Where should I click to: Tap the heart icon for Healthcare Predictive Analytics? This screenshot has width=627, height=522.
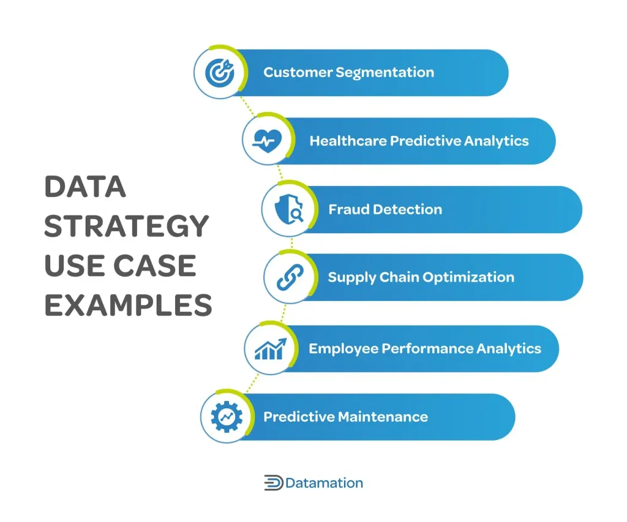coord(267,141)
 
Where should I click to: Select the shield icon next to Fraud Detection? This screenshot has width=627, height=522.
coord(287,209)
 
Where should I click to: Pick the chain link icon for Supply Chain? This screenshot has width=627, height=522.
coord(287,277)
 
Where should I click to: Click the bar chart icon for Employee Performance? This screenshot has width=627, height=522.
coord(269,349)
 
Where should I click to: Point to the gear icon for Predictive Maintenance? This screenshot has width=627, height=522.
coord(226,417)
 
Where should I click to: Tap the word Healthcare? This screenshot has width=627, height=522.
coord(348,141)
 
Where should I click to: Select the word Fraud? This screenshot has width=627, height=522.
coord(347,209)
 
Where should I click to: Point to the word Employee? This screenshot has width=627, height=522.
coord(343,349)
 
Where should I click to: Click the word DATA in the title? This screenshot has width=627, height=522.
coord(85,187)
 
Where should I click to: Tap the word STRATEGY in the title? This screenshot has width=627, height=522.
coord(127,226)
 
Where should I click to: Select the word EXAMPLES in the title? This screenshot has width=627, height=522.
coord(128,305)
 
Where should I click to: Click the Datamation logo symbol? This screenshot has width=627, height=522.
coord(273,483)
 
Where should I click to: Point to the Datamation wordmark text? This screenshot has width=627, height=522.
coord(324,483)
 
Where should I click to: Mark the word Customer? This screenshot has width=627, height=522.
coord(297,73)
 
